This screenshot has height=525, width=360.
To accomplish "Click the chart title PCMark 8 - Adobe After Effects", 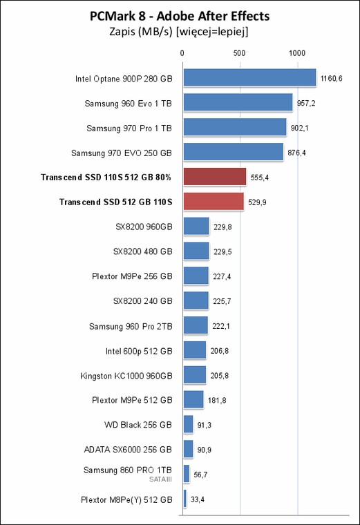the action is [x=180, y=16].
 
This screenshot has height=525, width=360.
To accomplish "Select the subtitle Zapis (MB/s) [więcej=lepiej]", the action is [x=179, y=32].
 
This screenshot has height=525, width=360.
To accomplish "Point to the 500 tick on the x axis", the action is [x=240, y=53].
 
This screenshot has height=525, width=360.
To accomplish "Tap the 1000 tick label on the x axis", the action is [x=297, y=53].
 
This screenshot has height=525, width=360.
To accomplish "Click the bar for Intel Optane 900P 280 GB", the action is [x=249, y=77].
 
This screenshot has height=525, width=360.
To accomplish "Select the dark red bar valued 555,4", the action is [x=215, y=177].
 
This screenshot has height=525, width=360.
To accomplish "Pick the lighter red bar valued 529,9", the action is [x=214, y=202].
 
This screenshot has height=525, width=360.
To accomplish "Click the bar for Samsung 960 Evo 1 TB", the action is [x=238, y=102].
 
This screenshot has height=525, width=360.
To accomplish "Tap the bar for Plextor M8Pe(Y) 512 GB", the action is [x=185, y=499].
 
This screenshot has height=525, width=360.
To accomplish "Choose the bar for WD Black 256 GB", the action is [x=188, y=424].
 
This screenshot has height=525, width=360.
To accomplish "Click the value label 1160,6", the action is [x=331, y=79].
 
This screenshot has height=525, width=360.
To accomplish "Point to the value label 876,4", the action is [x=296, y=153].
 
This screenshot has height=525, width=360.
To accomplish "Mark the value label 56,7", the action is [x=200, y=475].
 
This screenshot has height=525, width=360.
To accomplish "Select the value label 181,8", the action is [x=217, y=401].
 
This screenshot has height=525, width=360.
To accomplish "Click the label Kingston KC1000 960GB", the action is [x=126, y=376].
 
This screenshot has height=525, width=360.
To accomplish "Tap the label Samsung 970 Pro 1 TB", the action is [x=129, y=128].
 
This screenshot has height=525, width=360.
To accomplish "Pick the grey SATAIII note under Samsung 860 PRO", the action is [x=160, y=479].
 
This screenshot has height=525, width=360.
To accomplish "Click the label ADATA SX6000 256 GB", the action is [x=128, y=449].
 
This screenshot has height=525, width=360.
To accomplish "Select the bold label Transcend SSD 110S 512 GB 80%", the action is [x=106, y=177].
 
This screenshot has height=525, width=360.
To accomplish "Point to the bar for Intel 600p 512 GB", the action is [x=195, y=350].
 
